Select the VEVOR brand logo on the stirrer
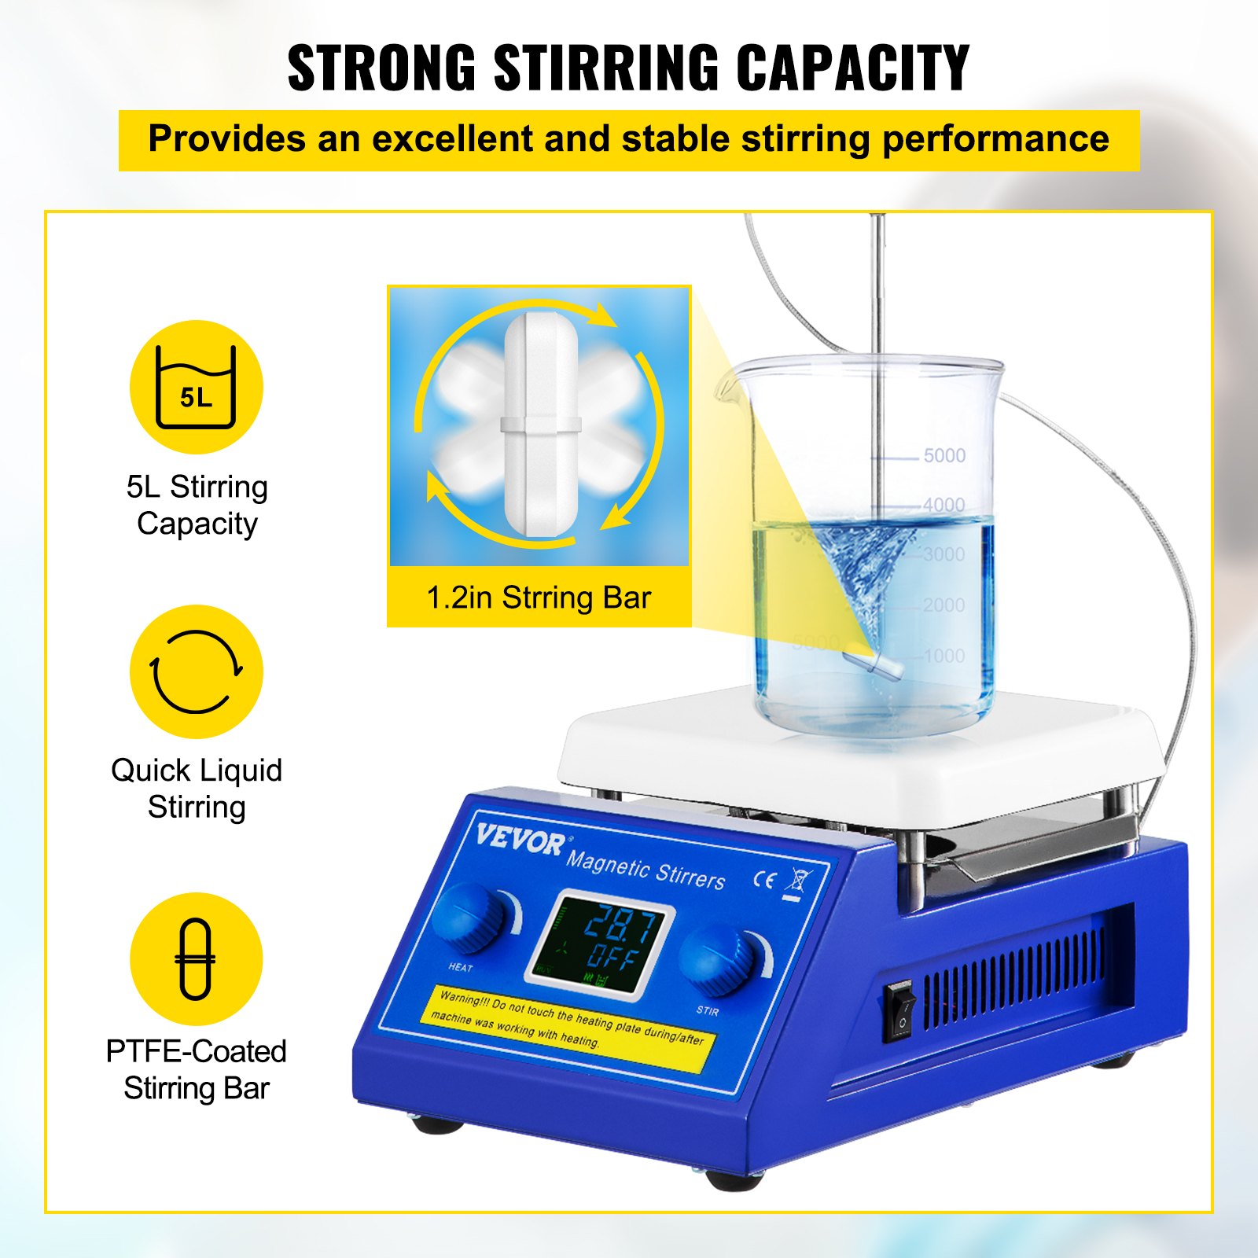click(x=519, y=840)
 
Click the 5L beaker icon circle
click(x=196, y=387)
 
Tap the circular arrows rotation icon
click(x=196, y=671)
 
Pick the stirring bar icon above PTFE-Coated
click(x=196, y=958)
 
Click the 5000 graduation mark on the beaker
click(x=943, y=455)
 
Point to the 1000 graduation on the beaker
click(x=943, y=656)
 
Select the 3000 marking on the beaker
click(x=943, y=554)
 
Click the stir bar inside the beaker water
click(x=874, y=661)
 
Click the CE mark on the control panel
click(x=763, y=879)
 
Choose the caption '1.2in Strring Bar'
click(x=539, y=598)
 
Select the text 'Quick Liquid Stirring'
click(x=197, y=789)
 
